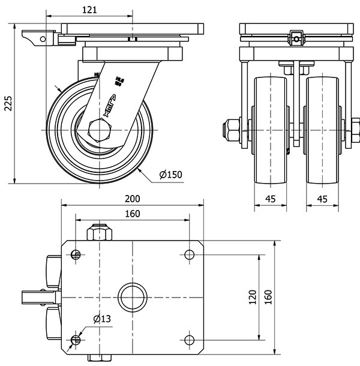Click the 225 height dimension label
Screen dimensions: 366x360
8,103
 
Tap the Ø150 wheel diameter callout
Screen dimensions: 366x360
170,175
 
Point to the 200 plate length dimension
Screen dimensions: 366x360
132,199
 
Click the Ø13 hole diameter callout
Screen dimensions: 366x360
102,319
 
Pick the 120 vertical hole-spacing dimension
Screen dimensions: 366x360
252,296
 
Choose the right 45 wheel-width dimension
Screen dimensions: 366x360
322,199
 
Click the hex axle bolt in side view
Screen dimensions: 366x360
100,130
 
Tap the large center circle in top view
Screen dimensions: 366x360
131,298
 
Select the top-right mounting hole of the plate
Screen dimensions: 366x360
190,254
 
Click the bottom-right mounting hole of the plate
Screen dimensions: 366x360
190,340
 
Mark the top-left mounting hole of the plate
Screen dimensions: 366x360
76,254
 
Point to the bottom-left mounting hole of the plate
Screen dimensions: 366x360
76,340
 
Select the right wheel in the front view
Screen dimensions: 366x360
322,130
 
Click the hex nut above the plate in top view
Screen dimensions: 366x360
100,232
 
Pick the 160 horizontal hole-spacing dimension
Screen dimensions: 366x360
132,214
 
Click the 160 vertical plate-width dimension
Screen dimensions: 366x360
268,296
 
